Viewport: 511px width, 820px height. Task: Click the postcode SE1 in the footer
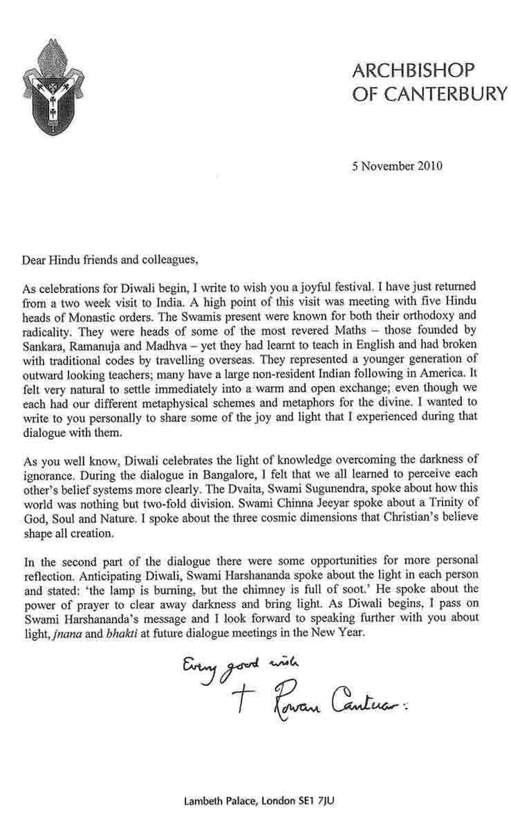click(x=302, y=802)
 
